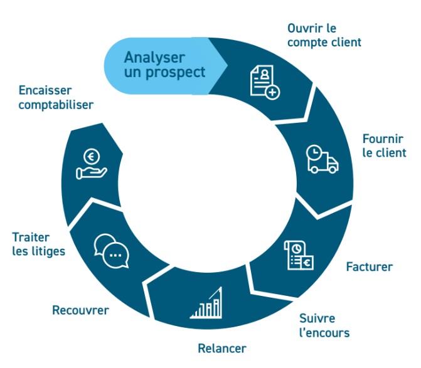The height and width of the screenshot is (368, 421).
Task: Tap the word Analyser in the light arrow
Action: click(x=154, y=58)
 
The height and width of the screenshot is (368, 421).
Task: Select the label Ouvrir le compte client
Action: click(x=324, y=36)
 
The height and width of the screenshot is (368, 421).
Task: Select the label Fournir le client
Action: click(x=384, y=145)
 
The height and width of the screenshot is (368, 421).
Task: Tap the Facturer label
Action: click(x=369, y=267)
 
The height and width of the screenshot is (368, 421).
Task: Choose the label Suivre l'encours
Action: click(x=324, y=325)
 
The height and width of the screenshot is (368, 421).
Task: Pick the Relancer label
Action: click(x=222, y=348)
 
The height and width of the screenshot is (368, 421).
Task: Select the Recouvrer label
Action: click(x=80, y=310)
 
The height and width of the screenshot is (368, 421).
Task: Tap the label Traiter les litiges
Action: click(x=38, y=244)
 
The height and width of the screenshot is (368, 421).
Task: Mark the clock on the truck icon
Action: click(x=314, y=152)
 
